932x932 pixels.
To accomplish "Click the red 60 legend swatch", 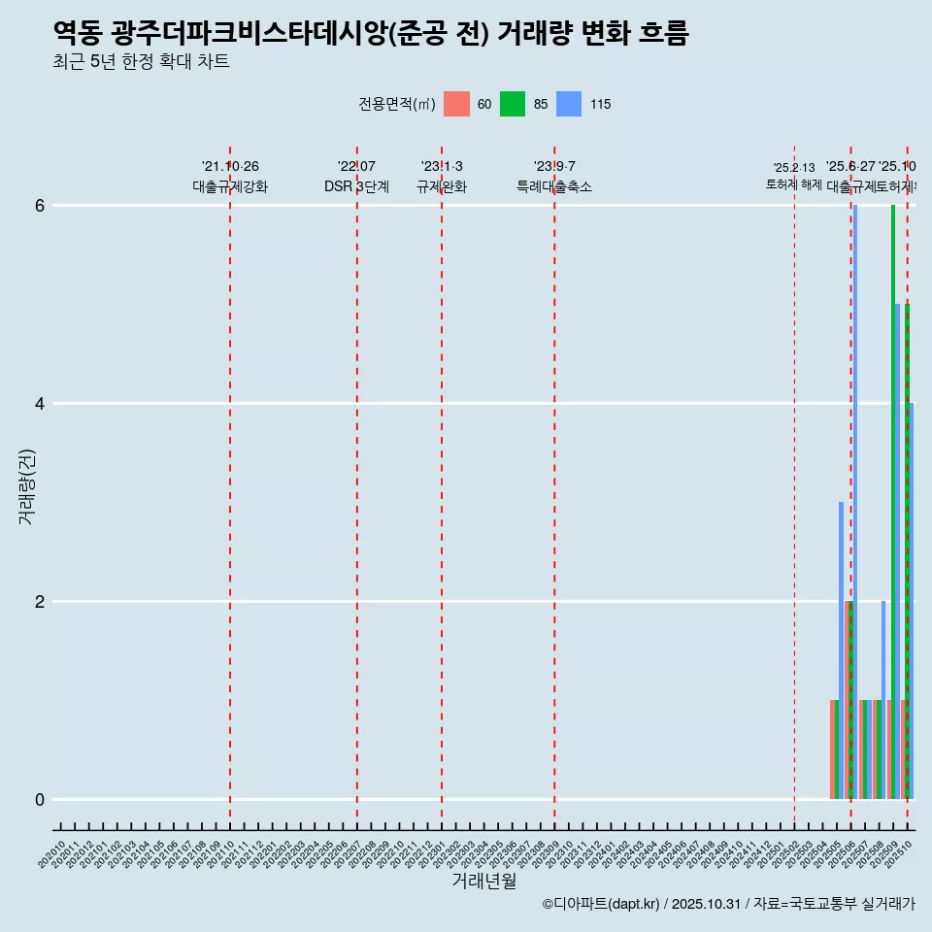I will [x=456, y=104].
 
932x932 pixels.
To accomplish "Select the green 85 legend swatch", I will [x=513, y=104].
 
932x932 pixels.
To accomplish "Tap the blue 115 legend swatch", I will [x=569, y=104].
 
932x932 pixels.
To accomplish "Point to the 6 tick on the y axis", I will [x=40, y=206].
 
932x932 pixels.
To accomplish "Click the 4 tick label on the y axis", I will [x=40, y=404].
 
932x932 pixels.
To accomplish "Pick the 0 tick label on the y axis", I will [x=40, y=800].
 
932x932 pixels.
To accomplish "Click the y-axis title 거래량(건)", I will [x=27, y=486].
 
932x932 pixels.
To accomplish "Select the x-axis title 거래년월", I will [x=483, y=881].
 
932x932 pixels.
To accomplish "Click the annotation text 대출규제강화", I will [x=230, y=186].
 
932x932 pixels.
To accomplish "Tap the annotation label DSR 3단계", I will [x=356, y=186].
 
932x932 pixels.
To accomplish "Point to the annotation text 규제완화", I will [x=442, y=186].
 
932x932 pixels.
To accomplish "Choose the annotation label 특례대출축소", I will [x=554, y=186].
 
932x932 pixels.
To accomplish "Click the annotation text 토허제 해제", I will [x=794, y=184].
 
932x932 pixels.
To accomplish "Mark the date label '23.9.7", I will [x=554, y=166].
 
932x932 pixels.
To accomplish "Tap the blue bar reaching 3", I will [x=842, y=650].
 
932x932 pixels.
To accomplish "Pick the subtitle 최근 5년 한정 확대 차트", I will [x=142, y=62].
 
